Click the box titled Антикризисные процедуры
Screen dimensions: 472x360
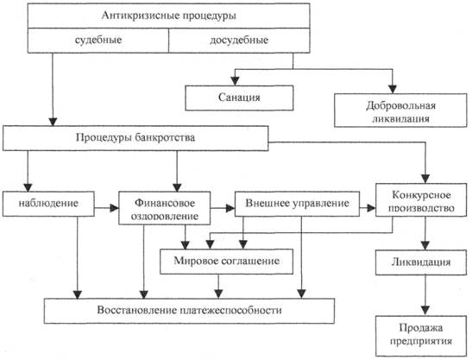[168, 16]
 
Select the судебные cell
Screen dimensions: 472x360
[98, 41]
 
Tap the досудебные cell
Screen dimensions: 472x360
[239, 41]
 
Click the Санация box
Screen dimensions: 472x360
[239, 98]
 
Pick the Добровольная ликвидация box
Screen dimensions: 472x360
[400, 110]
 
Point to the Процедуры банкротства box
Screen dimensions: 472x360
[135, 138]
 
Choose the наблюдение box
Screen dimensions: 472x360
[48, 204]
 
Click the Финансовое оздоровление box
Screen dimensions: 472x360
[164, 208]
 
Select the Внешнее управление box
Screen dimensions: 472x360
[297, 204]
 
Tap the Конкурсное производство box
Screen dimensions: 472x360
[421, 199]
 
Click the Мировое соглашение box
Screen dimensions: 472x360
[226, 262]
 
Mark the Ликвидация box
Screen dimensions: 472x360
[421, 262]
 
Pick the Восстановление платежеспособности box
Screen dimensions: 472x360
[189, 311]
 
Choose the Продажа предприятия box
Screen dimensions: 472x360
[421, 336]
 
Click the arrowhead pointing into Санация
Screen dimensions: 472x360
[235, 81]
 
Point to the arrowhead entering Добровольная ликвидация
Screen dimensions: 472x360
[393, 89]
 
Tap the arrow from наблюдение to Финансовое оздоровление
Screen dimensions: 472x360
[106, 208]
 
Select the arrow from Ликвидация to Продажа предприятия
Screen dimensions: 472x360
[425, 295]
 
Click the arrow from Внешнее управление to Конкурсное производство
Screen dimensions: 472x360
[368, 208]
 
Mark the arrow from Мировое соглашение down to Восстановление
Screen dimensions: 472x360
[218, 287]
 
